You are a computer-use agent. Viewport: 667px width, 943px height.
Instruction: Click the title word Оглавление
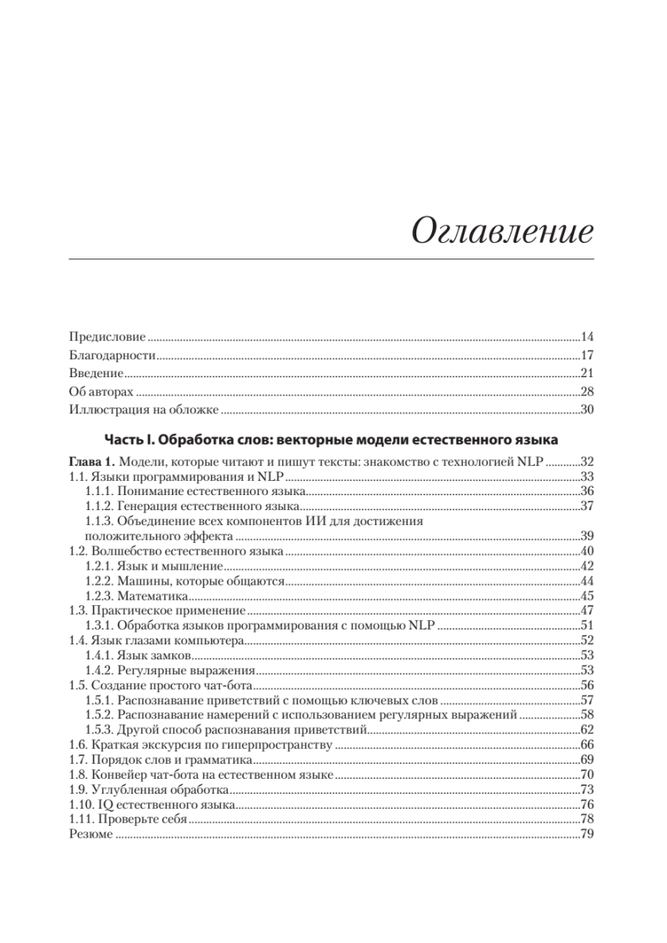(502, 233)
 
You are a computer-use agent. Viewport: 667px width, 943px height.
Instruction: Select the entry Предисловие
(107, 337)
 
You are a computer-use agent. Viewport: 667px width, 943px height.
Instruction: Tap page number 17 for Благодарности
(586, 355)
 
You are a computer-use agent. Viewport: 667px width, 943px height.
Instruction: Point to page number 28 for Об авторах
(586, 391)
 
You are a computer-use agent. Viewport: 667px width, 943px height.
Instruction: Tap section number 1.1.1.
(99, 490)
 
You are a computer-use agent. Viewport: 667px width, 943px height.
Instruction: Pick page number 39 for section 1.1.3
(586, 536)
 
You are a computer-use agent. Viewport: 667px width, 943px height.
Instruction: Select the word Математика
(154, 596)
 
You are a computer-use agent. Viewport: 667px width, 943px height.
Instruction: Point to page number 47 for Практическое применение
(586, 611)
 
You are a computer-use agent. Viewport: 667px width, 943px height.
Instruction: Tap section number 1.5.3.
(99, 730)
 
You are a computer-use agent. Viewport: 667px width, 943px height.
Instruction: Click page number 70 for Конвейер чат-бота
(586, 775)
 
